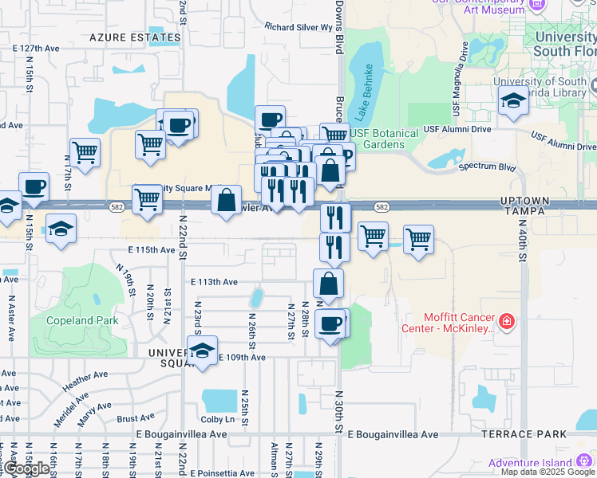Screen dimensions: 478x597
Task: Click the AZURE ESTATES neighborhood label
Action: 135,37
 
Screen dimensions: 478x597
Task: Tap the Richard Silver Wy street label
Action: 298,26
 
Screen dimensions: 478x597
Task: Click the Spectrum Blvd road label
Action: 485,168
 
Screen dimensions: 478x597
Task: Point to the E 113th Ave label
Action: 214,282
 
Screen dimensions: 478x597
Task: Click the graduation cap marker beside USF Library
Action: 512,100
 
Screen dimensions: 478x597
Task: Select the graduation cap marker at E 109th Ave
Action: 202,350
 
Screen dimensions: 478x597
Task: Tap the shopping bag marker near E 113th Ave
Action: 328,283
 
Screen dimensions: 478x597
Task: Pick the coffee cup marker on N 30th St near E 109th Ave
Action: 330,323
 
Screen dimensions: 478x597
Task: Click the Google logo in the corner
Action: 26,468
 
